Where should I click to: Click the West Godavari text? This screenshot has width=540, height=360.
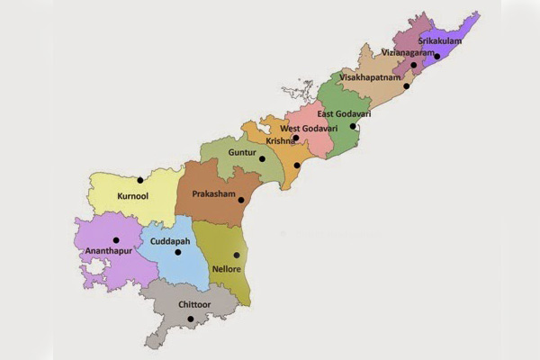(310, 128)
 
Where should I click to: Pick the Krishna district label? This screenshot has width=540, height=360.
(280, 141)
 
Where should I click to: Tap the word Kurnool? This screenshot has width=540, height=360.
(133, 194)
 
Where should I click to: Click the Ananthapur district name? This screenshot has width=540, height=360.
(107, 252)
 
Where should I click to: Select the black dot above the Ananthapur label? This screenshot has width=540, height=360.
(116, 240)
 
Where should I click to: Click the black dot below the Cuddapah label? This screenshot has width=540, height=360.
(177, 252)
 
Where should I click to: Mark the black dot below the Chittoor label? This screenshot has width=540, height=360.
(188, 318)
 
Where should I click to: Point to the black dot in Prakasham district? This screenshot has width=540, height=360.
(241, 199)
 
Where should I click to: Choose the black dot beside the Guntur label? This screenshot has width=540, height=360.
(263, 158)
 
